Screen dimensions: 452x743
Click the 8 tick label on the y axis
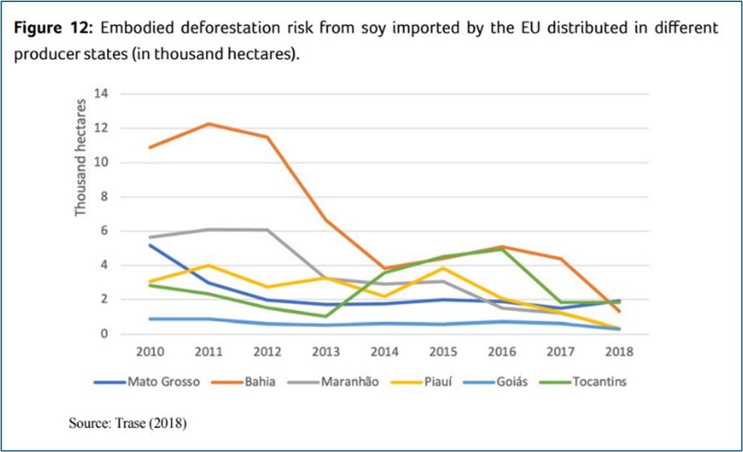click(102, 197)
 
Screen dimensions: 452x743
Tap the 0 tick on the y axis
click(102, 334)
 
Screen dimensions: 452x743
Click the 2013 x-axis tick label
click(326, 352)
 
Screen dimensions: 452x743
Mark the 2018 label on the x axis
click(619, 352)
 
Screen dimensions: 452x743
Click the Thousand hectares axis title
click(81, 158)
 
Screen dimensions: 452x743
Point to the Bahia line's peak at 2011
click(209, 124)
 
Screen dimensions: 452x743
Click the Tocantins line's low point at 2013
click(326, 316)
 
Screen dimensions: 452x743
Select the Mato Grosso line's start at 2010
click(152, 245)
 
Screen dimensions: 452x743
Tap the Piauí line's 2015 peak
click(443, 268)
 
